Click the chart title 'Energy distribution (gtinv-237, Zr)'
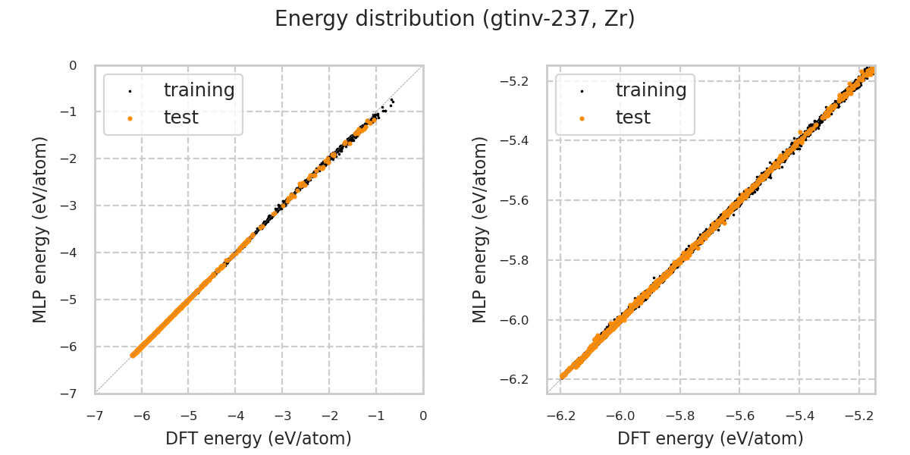pyautogui.click(x=455, y=19)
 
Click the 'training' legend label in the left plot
pyautogui.click(x=199, y=90)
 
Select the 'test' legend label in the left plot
pyautogui.click(x=180, y=118)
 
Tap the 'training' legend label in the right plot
pyautogui.click(x=651, y=90)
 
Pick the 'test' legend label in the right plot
pyautogui.click(x=632, y=118)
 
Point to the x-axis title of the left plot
pyautogui.click(x=259, y=438)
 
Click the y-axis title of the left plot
pyautogui.click(x=40, y=229)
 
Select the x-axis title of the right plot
pyautogui.click(x=711, y=438)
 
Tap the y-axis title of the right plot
pyautogui.click(x=480, y=229)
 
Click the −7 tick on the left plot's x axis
pyautogui.click(x=94, y=416)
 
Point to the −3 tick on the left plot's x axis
pyautogui.click(x=282, y=416)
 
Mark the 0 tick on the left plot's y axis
pyautogui.click(x=73, y=65)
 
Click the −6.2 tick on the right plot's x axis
pyautogui.click(x=560, y=416)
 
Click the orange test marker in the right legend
pyautogui.click(x=582, y=118)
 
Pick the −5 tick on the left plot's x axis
pyautogui.click(x=188, y=416)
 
